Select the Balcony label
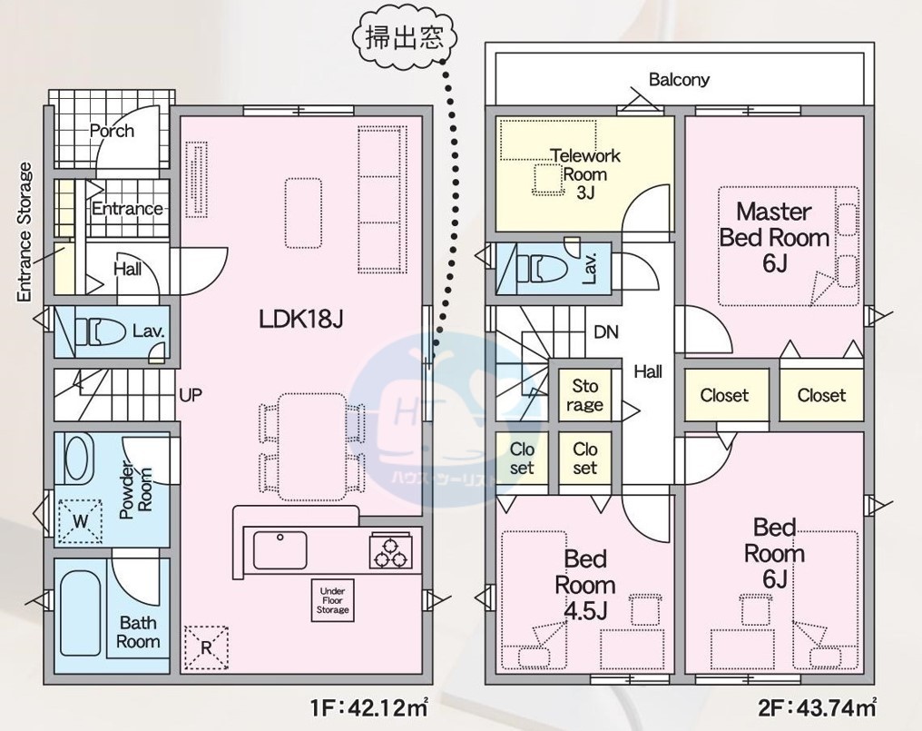coord(679,80)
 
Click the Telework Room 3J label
coord(584,173)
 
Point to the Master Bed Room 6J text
coord(773,237)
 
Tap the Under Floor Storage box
coord(331,601)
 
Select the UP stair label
coord(191,395)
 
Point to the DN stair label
coord(606,332)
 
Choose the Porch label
coord(113,131)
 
